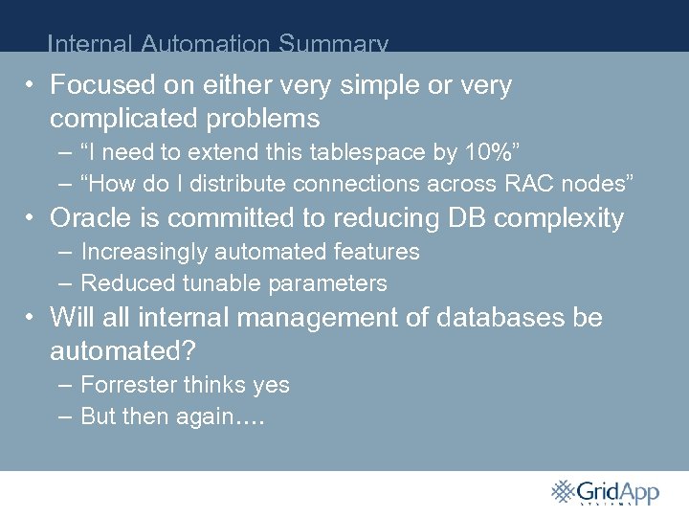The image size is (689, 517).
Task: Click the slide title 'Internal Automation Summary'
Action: [x=217, y=43]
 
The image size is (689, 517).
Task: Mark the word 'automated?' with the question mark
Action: [x=122, y=350]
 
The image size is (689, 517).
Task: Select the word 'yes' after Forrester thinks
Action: [x=271, y=385]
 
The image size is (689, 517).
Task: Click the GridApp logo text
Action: [x=618, y=491]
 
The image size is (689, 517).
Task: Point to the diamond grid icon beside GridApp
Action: [x=563, y=490]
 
